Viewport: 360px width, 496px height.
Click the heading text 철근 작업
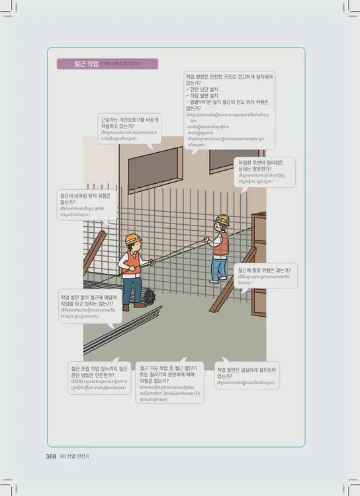pos(87,64)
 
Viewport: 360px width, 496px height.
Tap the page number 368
pos(50,456)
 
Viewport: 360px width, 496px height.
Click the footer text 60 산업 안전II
pos(74,456)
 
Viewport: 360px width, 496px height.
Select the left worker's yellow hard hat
pos(133,239)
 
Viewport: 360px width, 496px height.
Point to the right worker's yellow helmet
pos(223,220)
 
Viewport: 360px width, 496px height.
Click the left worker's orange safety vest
pos(132,263)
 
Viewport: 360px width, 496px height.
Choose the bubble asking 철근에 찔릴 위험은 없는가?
pos(265,274)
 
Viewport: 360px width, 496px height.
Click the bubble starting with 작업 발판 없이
pos(90,305)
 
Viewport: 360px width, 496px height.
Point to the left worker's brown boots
pos(133,306)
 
